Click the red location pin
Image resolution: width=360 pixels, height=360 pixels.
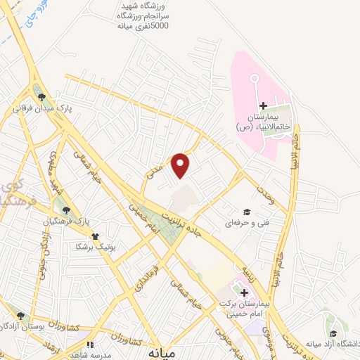(181, 165)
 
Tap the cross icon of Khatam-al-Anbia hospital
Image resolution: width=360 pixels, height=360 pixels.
(263, 105)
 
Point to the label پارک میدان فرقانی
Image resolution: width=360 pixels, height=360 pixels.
(42, 110)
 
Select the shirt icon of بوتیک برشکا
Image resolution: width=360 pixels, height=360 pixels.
(95, 236)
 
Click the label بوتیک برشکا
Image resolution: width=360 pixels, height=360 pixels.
(95, 248)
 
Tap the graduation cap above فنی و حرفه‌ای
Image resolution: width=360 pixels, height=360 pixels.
(246, 212)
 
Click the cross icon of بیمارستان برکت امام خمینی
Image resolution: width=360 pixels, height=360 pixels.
(244, 293)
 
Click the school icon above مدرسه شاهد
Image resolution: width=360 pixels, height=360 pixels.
(89, 345)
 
